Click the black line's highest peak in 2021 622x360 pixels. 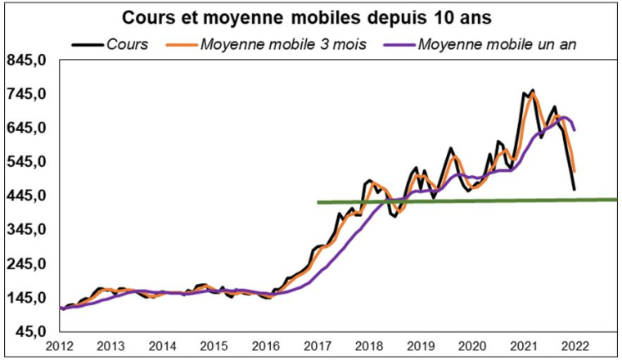533,90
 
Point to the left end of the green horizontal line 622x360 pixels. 318,202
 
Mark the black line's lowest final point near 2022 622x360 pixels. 575,190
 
